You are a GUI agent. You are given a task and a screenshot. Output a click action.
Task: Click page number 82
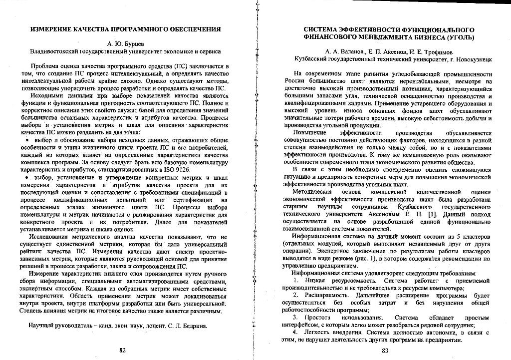[122, 350]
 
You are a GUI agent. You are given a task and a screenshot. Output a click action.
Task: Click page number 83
[385, 350]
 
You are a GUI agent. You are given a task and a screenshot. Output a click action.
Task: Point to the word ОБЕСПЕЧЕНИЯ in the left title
[191, 29]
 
